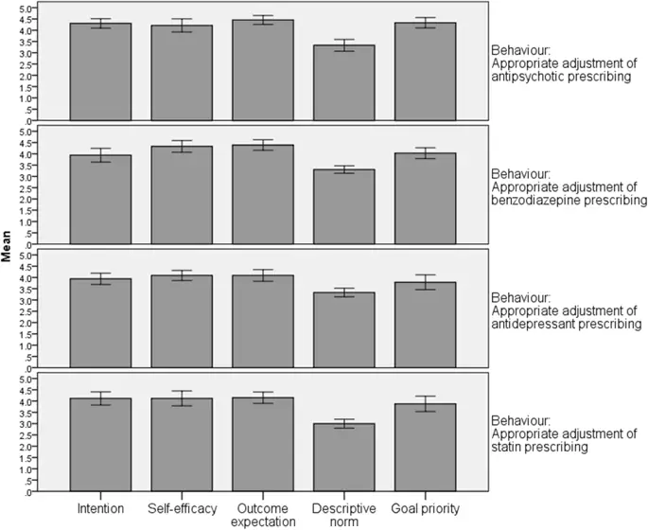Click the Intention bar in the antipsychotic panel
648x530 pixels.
coord(100,72)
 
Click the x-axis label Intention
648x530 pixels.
coord(100,509)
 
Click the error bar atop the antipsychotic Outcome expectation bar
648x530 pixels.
coord(267,20)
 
